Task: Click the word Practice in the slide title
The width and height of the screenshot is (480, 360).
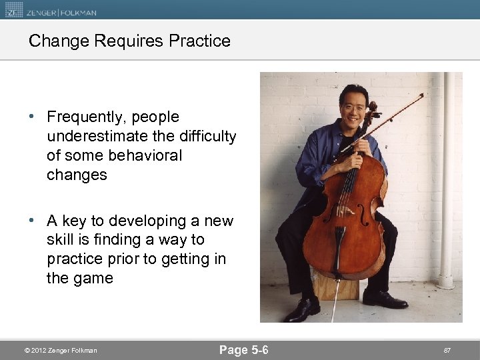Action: [199, 41]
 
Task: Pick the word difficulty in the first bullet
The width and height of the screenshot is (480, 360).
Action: [205, 137]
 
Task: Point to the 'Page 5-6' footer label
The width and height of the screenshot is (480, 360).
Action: [244, 349]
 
